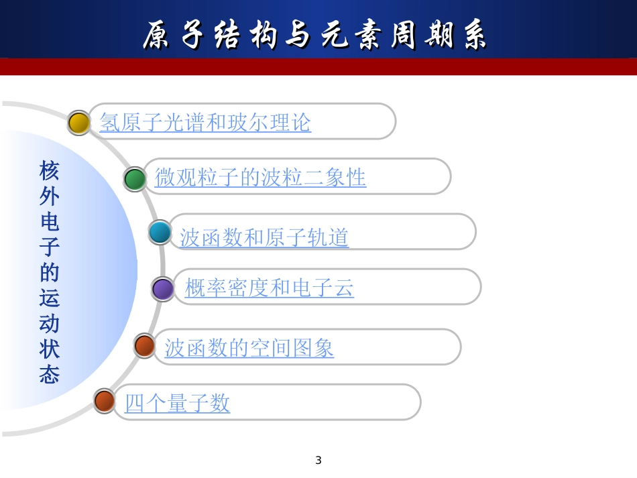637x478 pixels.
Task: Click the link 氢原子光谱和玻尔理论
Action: click(x=205, y=122)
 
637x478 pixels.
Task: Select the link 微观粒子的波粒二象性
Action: click(x=260, y=178)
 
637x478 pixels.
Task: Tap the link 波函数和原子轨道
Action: click(x=264, y=237)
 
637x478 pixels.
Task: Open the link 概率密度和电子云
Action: click(x=269, y=288)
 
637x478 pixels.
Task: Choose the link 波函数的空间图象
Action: click(x=249, y=348)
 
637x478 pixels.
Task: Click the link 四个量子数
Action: click(x=177, y=403)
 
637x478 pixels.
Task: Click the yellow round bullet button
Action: click(x=79, y=123)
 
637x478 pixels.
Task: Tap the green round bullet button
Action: click(x=135, y=179)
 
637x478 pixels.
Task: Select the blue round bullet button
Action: click(x=160, y=232)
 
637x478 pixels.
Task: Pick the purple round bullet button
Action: click(x=163, y=289)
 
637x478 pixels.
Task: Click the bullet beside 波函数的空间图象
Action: click(x=145, y=345)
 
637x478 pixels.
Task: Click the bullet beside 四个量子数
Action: click(x=105, y=401)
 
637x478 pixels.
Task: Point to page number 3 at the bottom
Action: click(x=318, y=461)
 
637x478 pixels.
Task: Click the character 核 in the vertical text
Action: click(x=50, y=171)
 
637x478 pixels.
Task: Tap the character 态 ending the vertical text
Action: click(x=50, y=375)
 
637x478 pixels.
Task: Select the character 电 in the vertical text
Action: click(x=50, y=222)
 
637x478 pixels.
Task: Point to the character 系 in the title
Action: click(x=474, y=35)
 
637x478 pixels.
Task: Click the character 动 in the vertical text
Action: click(x=50, y=324)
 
